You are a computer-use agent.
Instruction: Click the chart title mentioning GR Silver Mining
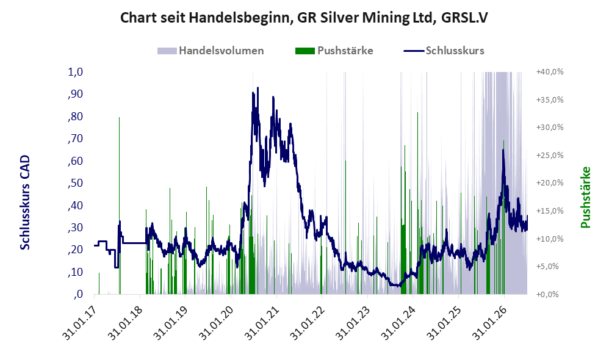pyautogui.click(x=304, y=18)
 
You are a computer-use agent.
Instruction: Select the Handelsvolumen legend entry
pyautogui.click(x=211, y=51)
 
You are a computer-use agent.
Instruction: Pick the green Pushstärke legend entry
pyautogui.click(x=334, y=51)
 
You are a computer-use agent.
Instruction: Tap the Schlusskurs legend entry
pyautogui.click(x=444, y=51)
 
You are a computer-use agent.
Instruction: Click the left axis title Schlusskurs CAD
pyautogui.click(x=25, y=203)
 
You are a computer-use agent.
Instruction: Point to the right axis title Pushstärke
pyautogui.click(x=585, y=197)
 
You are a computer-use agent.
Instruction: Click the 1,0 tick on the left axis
pyautogui.click(x=75, y=72)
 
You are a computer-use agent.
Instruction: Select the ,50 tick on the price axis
pyautogui.click(x=75, y=183)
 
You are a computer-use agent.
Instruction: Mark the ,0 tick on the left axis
pyautogui.click(x=78, y=294)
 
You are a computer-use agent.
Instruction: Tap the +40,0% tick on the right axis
pyautogui.click(x=550, y=72)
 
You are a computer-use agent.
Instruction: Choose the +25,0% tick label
pyautogui.click(x=550, y=156)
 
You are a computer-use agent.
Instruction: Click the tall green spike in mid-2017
pyautogui.click(x=119, y=206)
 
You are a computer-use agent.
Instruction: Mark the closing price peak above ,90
pyautogui.click(x=258, y=88)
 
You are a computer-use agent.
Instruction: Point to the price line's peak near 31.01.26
pyautogui.click(x=503, y=150)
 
